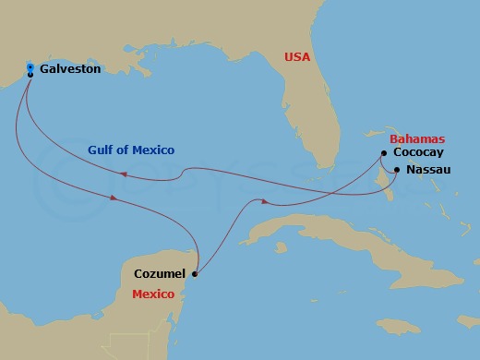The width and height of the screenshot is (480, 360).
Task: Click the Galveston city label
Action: click(70, 68)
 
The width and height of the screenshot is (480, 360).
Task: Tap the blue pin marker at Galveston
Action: click(30, 69)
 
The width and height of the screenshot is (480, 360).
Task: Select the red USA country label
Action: click(297, 57)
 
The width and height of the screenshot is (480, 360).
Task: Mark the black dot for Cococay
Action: click(383, 153)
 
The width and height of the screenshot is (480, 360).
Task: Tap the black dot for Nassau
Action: click(396, 170)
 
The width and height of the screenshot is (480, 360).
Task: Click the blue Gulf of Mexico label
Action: click(131, 150)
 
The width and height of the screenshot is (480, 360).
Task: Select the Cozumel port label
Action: click(160, 274)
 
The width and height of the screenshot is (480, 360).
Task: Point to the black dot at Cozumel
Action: click(193, 273)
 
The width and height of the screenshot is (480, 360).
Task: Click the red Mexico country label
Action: click(153, 295)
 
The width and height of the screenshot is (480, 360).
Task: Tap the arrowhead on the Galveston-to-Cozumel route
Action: click(113, 198)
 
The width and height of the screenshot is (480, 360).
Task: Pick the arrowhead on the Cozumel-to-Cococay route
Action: click(265, 202)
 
